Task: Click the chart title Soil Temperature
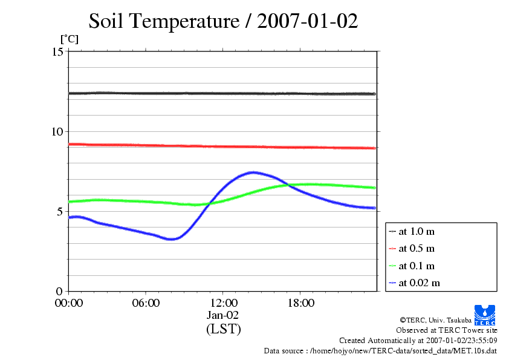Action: click(x=164, y=22)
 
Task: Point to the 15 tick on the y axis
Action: click(x=57, y=52)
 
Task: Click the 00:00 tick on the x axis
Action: click(x=68, y=303)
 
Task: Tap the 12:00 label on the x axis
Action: click(x=223, y=303)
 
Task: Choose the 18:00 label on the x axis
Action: click(x=300, y=303)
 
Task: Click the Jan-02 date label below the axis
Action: click(x=223, y=315)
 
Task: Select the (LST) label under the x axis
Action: click(x=223, y=329)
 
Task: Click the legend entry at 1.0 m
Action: click(x=417, y=232)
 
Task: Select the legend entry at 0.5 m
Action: click(x=417, y=249)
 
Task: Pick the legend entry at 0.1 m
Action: click(x=417, y=266)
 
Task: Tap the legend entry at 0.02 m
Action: click(x=419, y=283)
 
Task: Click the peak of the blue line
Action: click(x=253, y=172)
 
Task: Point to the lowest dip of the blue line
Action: click(x=172, y=239)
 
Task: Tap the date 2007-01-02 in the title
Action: click(x=308, y=22)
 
